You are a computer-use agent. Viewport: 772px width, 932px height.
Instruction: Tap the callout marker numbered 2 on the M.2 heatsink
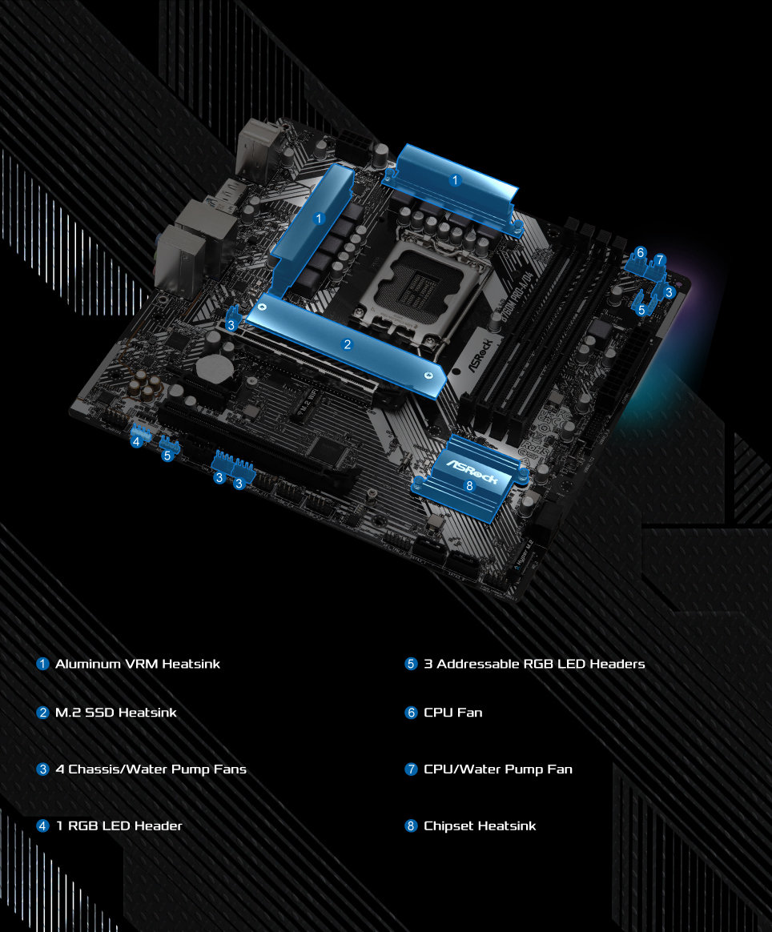click(347, 345)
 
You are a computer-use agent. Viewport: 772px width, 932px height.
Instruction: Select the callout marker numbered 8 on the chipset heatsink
click(469, 485)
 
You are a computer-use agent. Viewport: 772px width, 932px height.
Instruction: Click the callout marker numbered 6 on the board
click(640, 253)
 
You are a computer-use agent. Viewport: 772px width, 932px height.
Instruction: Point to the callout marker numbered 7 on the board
click(659, 259)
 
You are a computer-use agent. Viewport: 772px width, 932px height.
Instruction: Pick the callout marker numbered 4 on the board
click(137, 441)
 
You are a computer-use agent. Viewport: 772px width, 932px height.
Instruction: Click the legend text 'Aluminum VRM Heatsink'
click(137, 664)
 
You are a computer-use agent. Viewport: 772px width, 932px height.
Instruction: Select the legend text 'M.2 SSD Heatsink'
click(115, 712)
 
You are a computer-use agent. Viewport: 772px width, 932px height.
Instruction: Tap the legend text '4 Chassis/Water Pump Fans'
click(151, 769)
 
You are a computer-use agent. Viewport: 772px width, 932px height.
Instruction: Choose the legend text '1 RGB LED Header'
click(119, 826)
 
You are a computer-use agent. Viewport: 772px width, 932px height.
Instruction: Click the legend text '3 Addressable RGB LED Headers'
click(534, 664)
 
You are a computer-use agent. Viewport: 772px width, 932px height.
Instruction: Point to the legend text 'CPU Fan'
click(453, 712)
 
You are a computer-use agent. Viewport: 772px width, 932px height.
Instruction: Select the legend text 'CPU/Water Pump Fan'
click(498, 769)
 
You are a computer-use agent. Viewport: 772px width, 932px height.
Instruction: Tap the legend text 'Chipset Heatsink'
click(480, 826)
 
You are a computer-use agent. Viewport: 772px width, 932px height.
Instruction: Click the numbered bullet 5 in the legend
click(412, 664)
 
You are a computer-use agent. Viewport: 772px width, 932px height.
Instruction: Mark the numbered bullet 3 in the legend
click(43, 769)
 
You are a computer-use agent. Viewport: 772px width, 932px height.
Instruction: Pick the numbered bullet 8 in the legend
click(412, 826)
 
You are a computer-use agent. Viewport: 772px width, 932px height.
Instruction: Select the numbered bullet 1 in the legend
click(43, 664)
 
